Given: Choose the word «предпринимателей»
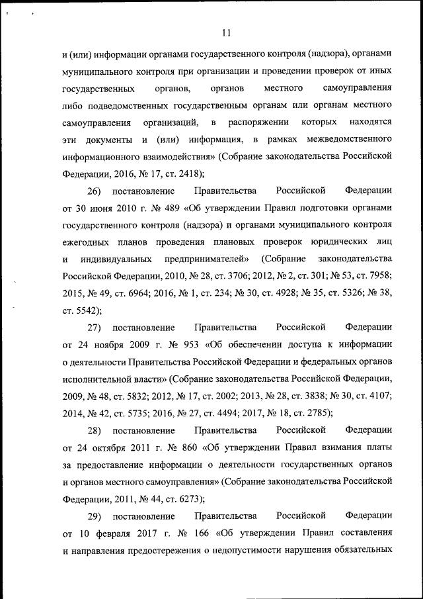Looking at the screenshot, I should pyautogui.click(x=204, y=259).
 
